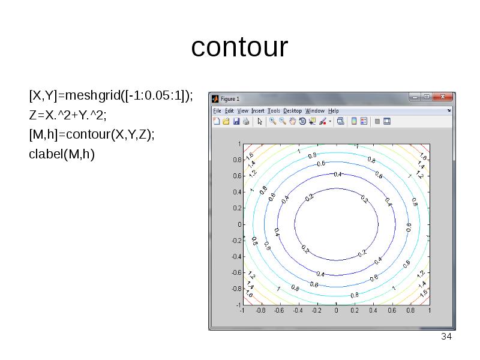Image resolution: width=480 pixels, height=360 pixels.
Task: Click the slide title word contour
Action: coord(239,47)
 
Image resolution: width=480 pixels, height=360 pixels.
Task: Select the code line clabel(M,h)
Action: coord(62,154)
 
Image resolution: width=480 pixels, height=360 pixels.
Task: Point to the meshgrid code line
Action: coord(111,95)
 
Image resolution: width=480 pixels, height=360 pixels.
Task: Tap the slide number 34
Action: coord(446,337)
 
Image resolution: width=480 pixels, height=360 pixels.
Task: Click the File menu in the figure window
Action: coord(217,111)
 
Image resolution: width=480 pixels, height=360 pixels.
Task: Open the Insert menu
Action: coord(257,111)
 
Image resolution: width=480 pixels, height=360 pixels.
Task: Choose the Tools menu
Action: coord(274,111)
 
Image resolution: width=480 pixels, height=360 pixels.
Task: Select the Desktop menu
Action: coord(293,111)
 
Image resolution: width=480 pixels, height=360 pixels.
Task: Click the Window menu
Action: coord(315,111)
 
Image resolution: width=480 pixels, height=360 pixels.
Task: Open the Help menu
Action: coord(333,111)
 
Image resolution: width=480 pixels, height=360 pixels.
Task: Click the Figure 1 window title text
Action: coord(230,98)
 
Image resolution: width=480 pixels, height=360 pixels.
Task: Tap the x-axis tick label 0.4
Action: coord(374,311)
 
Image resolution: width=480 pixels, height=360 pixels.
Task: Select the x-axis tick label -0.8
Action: coord(260,311)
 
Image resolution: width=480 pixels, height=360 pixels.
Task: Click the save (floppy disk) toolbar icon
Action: coord(236,121)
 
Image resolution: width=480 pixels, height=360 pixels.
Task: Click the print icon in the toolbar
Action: coord(246,121)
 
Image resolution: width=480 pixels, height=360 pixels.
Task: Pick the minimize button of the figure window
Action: coord(414,97)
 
